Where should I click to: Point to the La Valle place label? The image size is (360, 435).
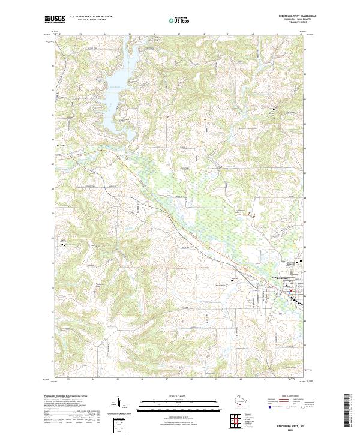(x=59, y=145)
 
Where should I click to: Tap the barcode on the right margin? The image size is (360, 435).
(x=349, y=411)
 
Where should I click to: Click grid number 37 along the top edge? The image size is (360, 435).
(x=179, y=34)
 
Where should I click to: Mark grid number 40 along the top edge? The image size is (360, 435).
(x=253, y=34)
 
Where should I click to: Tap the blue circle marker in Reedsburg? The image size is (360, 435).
(x=286, y=290)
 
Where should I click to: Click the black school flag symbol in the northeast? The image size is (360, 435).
(x=275, y=110)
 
